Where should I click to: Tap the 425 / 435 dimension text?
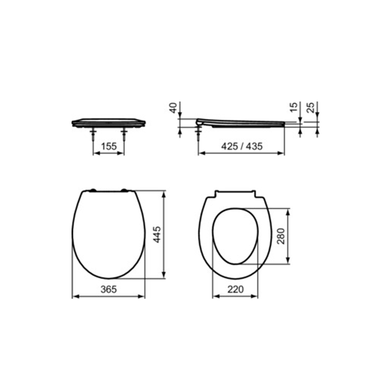pyautogui.click(x=241, y=146)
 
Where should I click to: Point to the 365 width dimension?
pyautogui.click(x=109, y=289)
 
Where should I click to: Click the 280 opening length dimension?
pyautogui.click(x=281, y=237)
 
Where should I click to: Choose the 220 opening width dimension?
pyautogui.click(x=235, y=289)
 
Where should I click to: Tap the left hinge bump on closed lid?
pyautogui.click(x=91, y=191)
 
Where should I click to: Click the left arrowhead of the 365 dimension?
pyautogui.click(x=74, y=296)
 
